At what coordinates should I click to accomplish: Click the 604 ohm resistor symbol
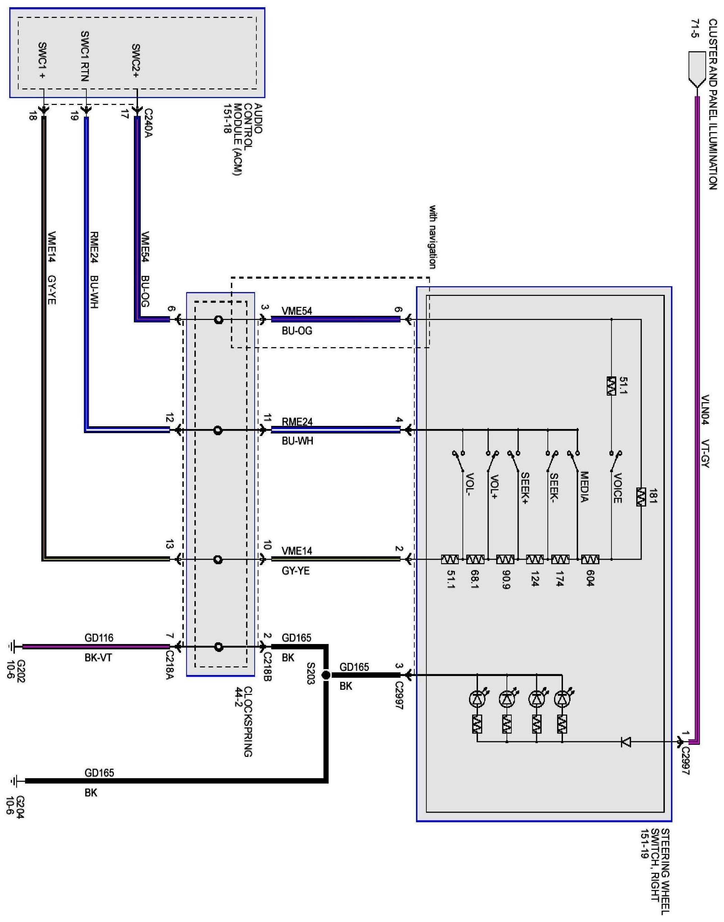(590, 560)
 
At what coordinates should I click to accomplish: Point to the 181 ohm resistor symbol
(641, 497)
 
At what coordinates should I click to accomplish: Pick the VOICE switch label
(618, 489)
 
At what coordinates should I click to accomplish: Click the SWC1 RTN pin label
(85, 56)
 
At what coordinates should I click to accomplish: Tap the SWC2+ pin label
(136, 61)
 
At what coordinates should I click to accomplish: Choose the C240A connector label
(148, 123)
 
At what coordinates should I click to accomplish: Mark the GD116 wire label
(99, 638)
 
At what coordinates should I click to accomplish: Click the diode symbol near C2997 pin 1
(625, 742)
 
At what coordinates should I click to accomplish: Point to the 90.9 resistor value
(505, 580)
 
